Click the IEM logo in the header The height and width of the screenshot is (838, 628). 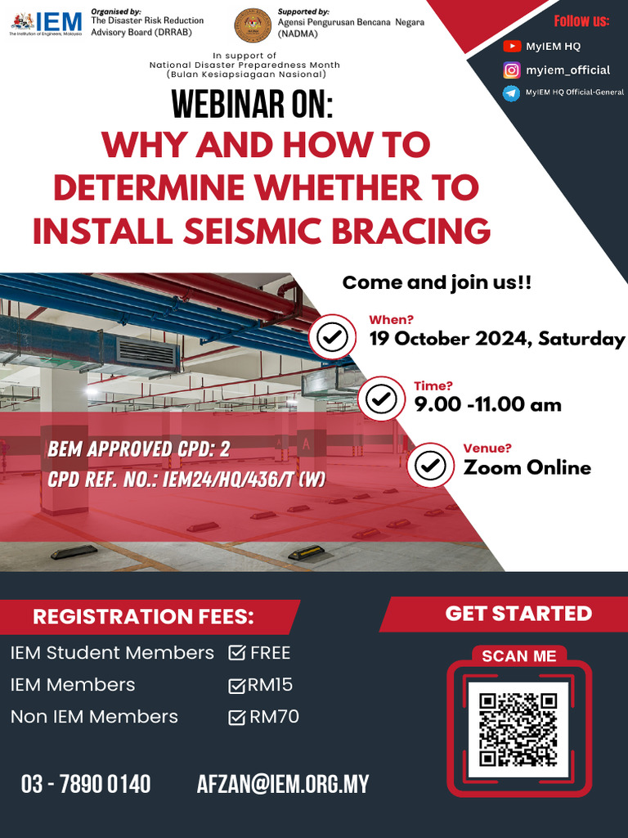coord(46,22)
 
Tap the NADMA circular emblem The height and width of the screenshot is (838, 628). coord(253,24)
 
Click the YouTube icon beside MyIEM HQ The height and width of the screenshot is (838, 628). coord(512,47)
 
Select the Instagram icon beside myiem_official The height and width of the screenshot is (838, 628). coord(512,70)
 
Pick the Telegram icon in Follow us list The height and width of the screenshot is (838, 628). coord(512,93)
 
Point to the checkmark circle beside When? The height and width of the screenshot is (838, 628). coord(333,337)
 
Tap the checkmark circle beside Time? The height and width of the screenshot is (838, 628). coord(381,399)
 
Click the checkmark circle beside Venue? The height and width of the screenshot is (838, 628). coord(431,465)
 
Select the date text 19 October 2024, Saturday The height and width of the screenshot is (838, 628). coord(497,339)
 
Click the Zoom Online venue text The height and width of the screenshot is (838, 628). coord(527,467)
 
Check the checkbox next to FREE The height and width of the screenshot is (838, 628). coord(237,653)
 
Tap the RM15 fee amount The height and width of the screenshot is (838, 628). coord(270,685)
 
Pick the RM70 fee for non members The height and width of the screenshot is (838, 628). coord(274,717)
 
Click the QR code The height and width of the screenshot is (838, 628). coord(518,729)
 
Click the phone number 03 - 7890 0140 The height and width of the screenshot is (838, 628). coord(86,784)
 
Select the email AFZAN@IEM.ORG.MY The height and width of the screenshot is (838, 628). coord(283,784)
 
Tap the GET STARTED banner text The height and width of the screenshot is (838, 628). coord(518,614)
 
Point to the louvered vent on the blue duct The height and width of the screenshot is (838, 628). coord(147,352)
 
